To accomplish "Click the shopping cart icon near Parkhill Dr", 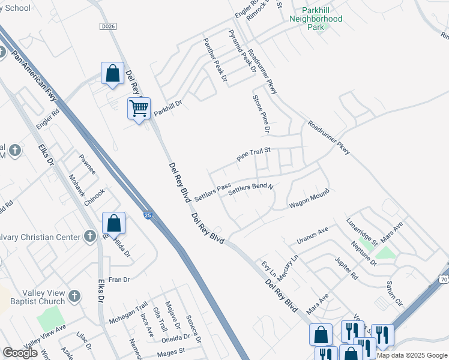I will point(139,109).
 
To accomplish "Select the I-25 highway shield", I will point(148,215).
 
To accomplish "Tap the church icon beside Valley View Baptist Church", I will point(74,296).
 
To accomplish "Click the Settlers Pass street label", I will point(212,192).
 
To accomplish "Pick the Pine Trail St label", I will point(255,156).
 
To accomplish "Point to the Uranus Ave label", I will point(313,235).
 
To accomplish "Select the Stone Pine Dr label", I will point(262,113).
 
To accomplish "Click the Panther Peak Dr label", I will point(215,59).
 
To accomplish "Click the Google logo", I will point(20,353).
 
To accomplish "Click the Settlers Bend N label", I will point(251,188).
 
